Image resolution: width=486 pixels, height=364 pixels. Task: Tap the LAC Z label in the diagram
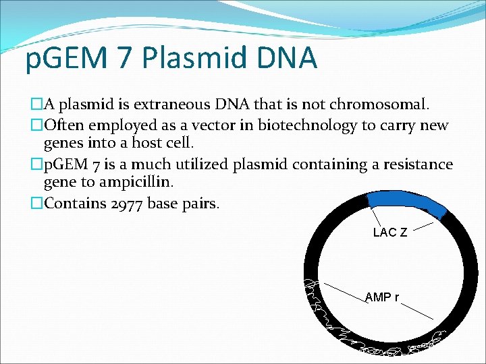pos(389,233)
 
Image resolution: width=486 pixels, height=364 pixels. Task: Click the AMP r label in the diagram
pos(381,297)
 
